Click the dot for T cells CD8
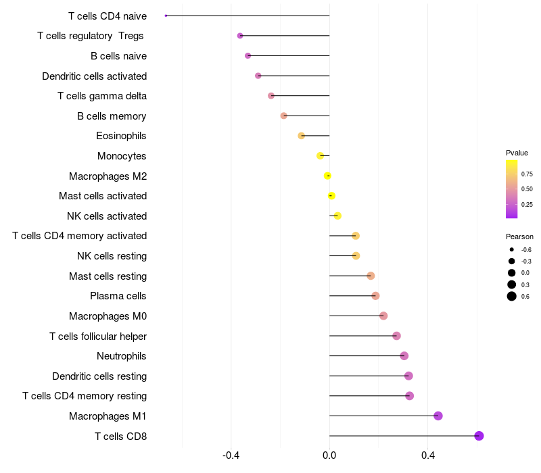(479, 436)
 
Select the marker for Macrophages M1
(438, 416)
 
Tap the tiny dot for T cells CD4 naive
(166, 16)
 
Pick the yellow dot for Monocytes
(321, 156)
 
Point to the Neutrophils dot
(404, 356)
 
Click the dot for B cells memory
(284, 116)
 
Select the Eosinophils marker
(302, 136)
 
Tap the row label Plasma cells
(118, 296)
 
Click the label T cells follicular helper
(98, 336)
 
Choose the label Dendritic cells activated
(95, 76)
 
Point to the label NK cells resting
(112, 256)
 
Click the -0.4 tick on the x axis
(231, 456)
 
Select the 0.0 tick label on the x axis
(329, 456)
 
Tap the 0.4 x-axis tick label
(428, 456)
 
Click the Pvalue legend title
(517, 153)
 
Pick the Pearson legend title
(519, 237)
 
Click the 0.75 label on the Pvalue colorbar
(527, 174)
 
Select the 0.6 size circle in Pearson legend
(512, 296)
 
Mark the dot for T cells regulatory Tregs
(240, 36)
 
